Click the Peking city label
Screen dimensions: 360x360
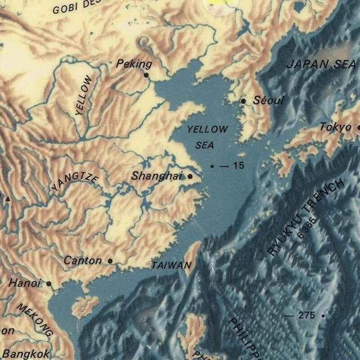[134, 64]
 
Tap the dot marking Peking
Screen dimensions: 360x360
[146, 75]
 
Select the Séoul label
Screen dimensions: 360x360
[269, 100]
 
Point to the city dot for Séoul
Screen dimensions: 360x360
[243, 101]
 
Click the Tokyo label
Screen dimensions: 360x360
[335, 127]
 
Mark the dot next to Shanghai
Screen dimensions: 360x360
[190, 176]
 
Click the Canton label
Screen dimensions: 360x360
[83, 260]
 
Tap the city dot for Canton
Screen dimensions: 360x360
[110, 261]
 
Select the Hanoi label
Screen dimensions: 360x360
[25, 283]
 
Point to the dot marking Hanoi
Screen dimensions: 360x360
[49, 284]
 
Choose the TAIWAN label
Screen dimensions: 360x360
[171, 265]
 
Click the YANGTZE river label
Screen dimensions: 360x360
[75, 183]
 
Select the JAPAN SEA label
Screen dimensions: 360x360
[321, 64]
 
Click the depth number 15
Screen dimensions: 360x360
[238, 166]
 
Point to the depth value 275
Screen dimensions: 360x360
[306, 315]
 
